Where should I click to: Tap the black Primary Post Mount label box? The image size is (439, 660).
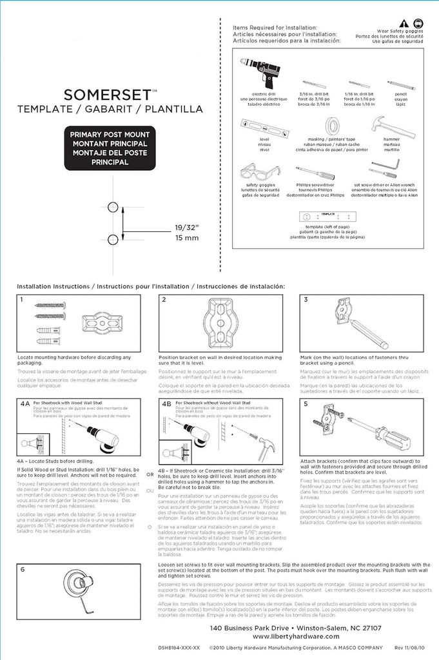click(x=110, y=148)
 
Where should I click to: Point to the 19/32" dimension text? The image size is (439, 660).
click(x=187, y=228)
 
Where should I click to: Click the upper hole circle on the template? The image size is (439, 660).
click(x=113, y=207)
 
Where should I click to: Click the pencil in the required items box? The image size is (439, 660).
click(x=401, y=84)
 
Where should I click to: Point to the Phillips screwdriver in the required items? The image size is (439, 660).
click(x=315, y=173)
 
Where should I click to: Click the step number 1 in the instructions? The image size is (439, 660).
click(x=21, y=300)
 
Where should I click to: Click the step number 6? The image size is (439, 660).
click(x=22, y=569)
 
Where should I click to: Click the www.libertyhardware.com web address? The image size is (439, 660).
click(x=296, y=637)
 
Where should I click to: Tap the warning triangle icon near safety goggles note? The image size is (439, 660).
click(x=404, y=23)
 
